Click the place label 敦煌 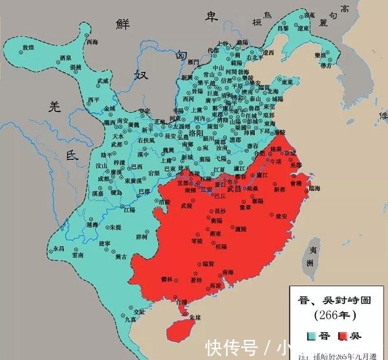(28, 47)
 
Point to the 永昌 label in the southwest (59, 248)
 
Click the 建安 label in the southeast (282, 216)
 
